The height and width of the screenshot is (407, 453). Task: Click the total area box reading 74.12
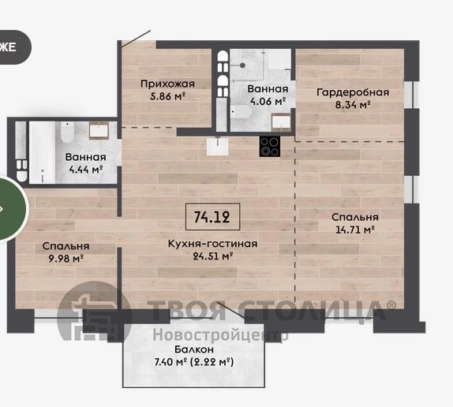212,216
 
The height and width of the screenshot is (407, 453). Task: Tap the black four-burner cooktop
270,147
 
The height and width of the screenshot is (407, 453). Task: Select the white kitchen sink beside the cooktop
218,147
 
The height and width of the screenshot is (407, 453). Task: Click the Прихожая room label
167,84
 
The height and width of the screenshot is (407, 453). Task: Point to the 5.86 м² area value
167,95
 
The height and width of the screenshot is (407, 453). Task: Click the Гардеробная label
353,92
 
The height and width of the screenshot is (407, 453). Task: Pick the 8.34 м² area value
353,104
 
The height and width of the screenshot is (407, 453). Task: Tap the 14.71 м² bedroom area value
355,230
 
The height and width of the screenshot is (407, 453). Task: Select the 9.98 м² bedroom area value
66,259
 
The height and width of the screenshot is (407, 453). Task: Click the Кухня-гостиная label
212,244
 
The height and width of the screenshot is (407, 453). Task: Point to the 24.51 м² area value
213,256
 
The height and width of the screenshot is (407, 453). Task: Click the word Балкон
194,349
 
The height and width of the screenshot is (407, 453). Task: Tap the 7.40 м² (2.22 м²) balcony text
194,362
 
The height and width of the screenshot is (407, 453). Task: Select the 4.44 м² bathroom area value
86,170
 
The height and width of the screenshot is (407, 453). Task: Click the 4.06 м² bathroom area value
268,101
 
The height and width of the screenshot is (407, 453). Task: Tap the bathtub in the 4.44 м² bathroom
42,152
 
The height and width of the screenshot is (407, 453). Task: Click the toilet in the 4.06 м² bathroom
241,112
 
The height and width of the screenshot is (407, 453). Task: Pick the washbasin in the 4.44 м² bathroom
99,130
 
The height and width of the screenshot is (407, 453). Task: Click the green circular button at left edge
12,208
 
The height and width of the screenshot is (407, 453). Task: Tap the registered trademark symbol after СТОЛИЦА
391,304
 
